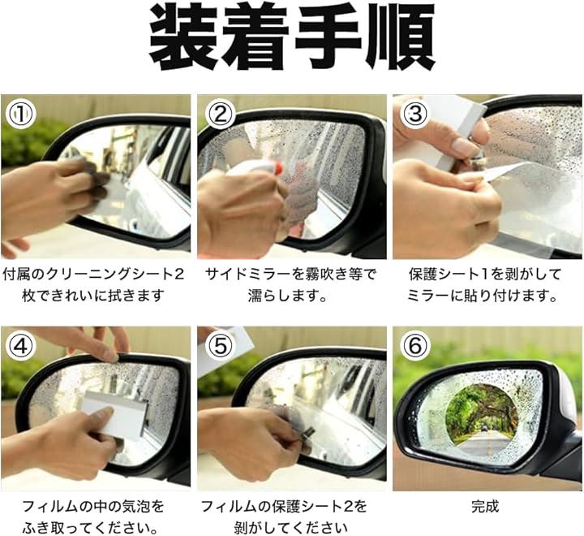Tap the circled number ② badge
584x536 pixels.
click(x=221, y=115)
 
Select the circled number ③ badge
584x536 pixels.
click(x=415, y=115)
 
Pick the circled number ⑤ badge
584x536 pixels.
click(x=221, y=346)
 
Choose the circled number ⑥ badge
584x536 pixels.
click(x=415, y=346)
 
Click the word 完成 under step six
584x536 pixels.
click(x=484, y=507)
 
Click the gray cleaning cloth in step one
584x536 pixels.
click(x=91, y=179)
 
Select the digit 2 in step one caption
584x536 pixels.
click(x=179, y=274)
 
